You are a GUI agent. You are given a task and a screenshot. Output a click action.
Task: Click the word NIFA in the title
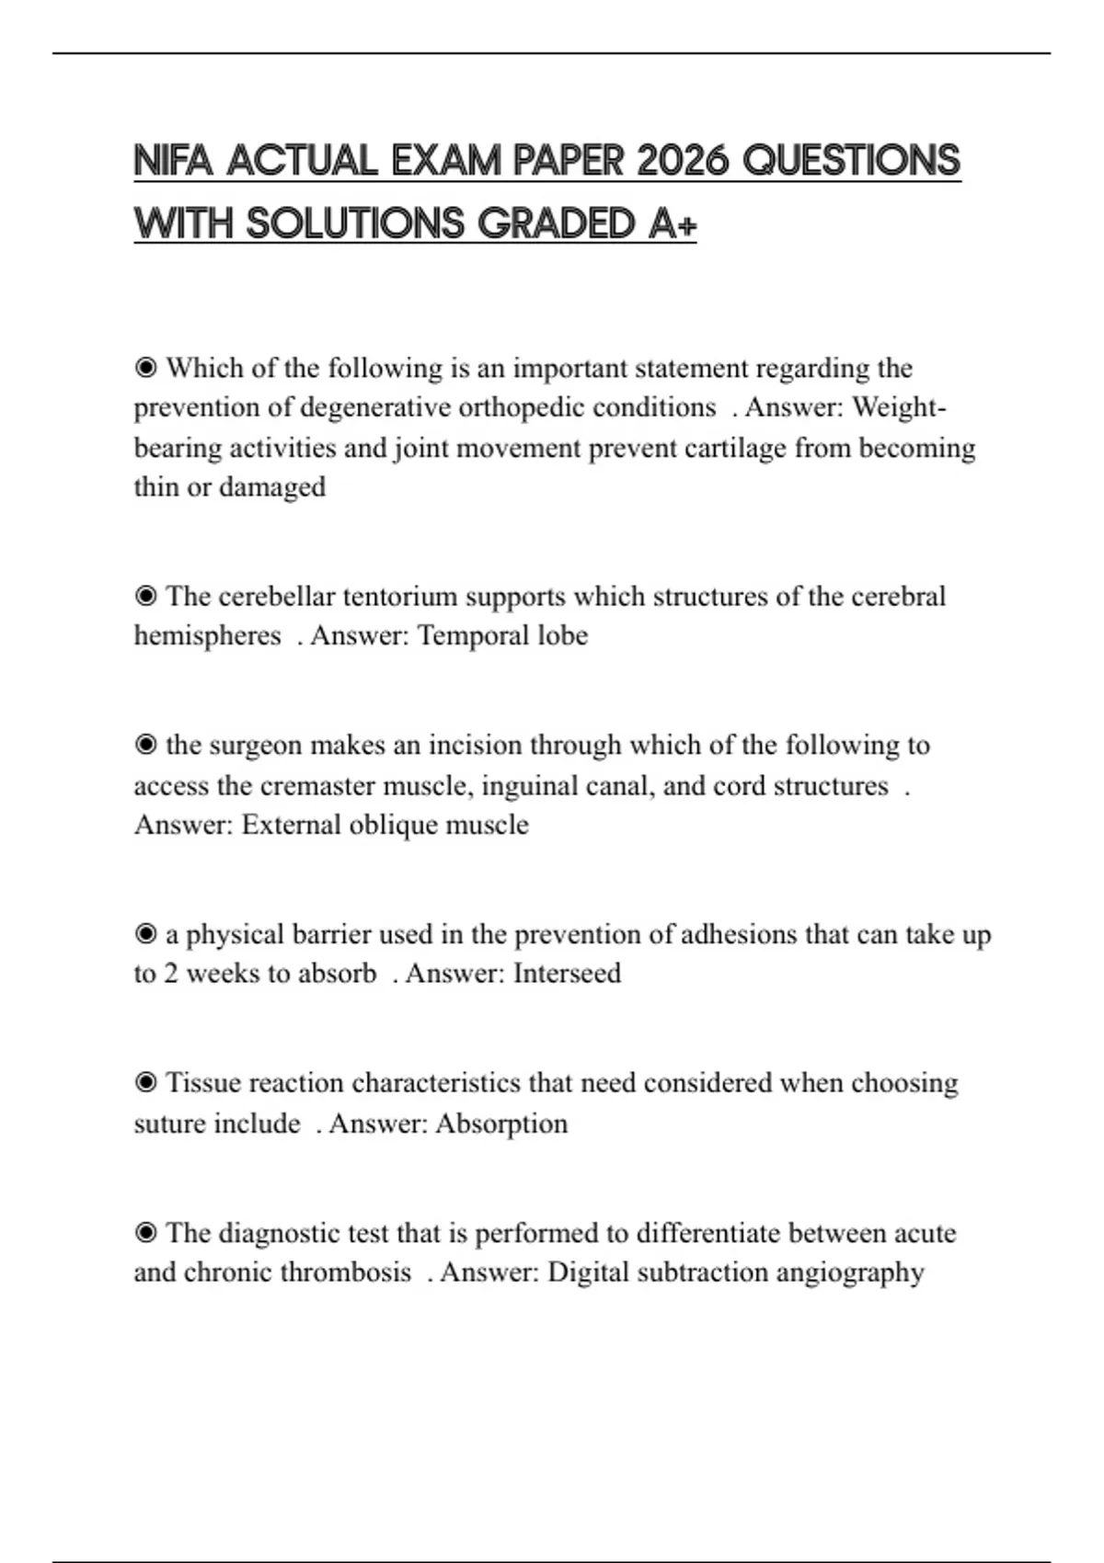click(174, 161)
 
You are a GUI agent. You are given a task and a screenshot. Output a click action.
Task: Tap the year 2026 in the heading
click(683, 161)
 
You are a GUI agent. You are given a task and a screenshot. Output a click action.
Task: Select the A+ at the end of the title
click(672, 223)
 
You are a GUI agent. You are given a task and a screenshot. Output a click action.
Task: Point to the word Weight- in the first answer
click(899, 407)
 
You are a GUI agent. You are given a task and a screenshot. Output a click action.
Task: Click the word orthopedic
click(521, 407)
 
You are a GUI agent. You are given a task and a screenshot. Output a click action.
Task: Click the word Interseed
click(567, 974)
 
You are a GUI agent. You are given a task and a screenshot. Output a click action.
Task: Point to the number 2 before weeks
click(171, 974)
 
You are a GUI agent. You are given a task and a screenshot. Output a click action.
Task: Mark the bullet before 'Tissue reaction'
click(145, 1083)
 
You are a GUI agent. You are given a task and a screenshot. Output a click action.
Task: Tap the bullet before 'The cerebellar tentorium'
click(145, 597)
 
